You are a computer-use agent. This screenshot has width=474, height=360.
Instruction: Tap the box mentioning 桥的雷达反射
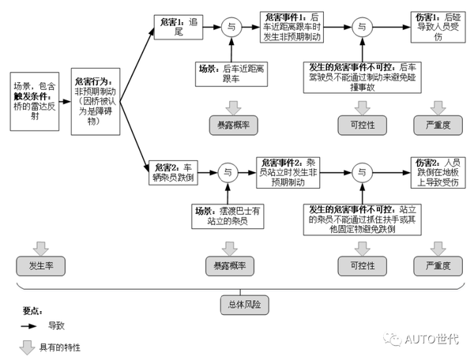(36, 96)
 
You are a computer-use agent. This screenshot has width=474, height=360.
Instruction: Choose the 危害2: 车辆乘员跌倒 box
(171, 172)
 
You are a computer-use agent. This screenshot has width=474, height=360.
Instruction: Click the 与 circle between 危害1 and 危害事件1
(230, 27)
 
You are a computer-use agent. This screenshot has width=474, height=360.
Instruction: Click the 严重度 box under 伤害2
(438, 266)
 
